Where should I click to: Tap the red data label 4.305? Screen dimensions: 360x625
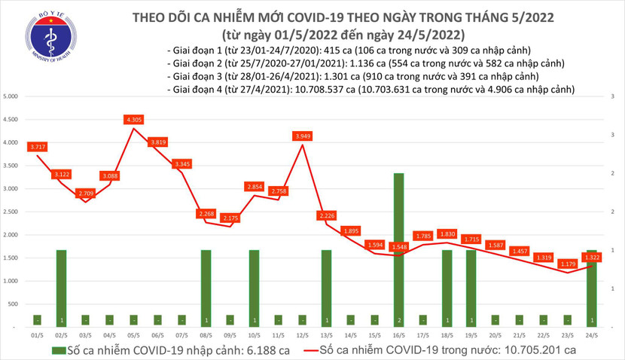click(x=134, y=119)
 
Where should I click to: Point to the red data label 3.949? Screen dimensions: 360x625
click(x=303, y=136)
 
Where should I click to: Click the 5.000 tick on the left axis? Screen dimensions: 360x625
click(x=11, y=97)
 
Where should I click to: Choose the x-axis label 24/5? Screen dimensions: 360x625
click(x=592, y=335)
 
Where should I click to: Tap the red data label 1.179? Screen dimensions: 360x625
click(x=568, y=264)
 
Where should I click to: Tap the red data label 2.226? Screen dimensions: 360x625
click(x=327, y=216)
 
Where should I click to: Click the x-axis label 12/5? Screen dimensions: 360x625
click(x=303, y=335)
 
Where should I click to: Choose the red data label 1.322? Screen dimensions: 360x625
click(x=592, y=257)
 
